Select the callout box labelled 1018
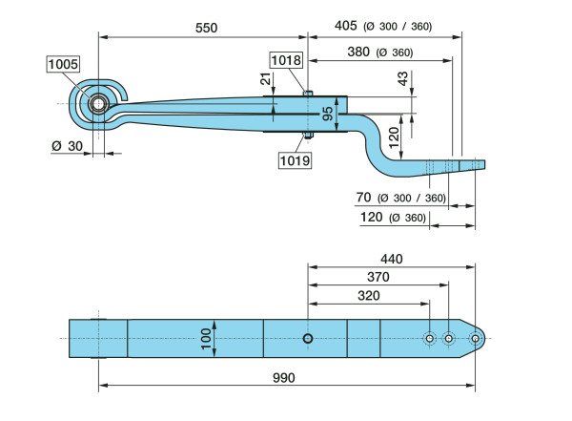(286, 60)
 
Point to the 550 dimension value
(206, 28)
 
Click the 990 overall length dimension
(282, 377)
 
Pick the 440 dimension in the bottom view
(392, 259)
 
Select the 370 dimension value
(378, 277)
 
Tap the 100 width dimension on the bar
(203, 338)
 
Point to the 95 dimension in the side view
(328, 114)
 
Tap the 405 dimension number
(348, 26)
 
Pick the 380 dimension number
(359, 53)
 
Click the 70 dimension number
(363, 198)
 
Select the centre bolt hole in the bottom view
(308, 339)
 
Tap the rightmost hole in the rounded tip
(474, 338)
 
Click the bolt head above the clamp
(307, 92)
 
